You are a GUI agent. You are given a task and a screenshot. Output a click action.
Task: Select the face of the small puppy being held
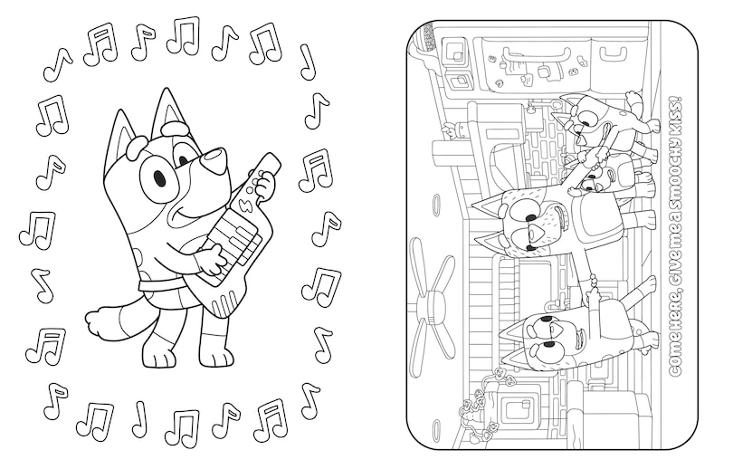592,187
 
